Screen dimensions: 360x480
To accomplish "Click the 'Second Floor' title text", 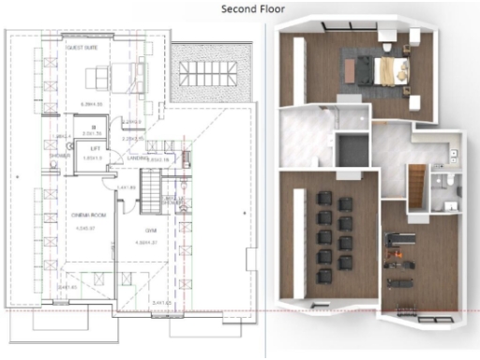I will pos(253,9).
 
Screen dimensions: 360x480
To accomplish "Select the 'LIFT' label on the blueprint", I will pos(95,148).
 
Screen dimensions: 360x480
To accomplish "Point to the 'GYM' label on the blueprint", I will pos(149,230).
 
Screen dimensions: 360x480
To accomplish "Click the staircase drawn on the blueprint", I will pos(172,202).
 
